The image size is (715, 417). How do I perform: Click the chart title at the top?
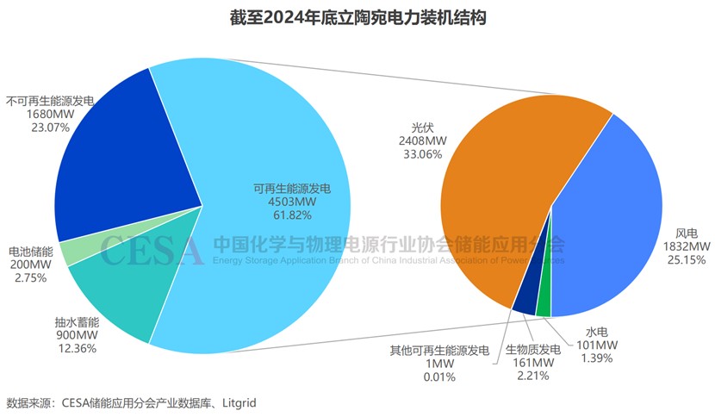pos(358,17)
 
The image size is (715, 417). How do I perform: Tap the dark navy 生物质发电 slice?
pos(525,299)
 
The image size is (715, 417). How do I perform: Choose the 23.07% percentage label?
pos(28,127)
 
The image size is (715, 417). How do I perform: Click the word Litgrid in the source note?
pos(239,402)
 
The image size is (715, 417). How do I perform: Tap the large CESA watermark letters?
pos(152,250)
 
